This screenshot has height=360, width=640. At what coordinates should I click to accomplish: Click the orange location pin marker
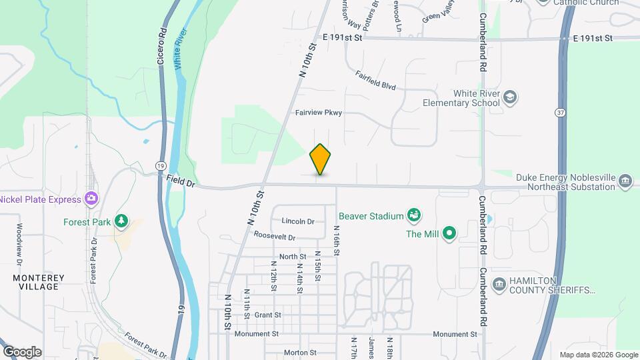(x=321, y=159)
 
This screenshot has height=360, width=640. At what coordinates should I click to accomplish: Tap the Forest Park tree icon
(x=121, y=221)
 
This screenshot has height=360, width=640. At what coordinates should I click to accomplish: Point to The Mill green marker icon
(x=449, y=233)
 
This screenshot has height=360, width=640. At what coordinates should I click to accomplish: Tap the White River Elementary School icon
(x=511, y=98)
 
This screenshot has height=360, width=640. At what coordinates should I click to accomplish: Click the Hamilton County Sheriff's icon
(x=499, y=285)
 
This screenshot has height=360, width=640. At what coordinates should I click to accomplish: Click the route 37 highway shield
(x=559, y=112)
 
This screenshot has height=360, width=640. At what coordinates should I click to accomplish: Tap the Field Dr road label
(x=181, y=181)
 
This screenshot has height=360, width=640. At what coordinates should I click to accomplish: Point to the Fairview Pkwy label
(x=319, y=113)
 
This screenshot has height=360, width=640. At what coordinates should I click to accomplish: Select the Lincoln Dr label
(x=298, y=221)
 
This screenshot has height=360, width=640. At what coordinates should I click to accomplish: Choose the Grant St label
(x=268, y=315)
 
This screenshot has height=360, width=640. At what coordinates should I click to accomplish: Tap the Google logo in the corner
(x=22, y=352)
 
